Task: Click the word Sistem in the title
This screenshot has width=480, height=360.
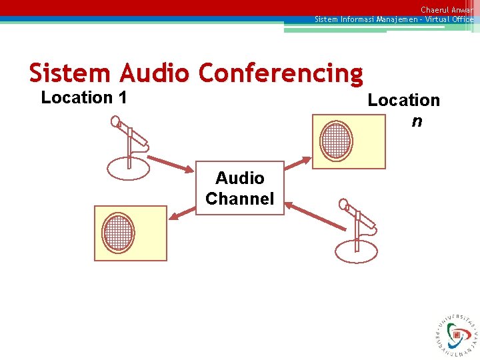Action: click(71, 72)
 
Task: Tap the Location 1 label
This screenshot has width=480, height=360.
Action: click(84, 97)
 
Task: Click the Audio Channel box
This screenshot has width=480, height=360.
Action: click(240, 187)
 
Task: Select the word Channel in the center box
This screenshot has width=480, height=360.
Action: click(240, 199)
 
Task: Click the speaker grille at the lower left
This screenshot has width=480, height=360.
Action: click(119, 232)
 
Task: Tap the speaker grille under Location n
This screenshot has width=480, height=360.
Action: click(336, 141)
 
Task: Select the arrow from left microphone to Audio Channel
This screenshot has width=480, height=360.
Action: click(171, 163)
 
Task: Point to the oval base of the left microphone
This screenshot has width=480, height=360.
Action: click(129, 167)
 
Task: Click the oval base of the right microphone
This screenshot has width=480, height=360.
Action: click(357, 251)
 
